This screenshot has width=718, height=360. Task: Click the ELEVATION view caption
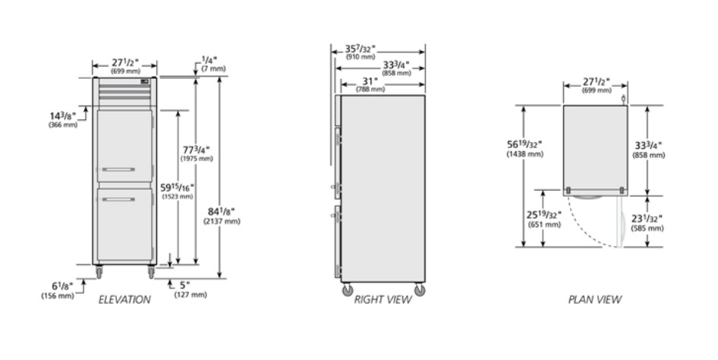(124, 299)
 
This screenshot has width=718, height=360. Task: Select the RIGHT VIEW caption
(383, 299)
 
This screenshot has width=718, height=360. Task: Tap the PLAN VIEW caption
(595, 299)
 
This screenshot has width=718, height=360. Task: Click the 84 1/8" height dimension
(221, 212)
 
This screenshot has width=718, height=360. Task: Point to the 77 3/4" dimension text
(197, 150)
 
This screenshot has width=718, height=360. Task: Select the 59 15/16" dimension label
(177, 188)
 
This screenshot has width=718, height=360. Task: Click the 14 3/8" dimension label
(63, 116)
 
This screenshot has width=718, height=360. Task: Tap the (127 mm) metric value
(191, 295)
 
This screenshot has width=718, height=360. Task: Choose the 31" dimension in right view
(370, 81)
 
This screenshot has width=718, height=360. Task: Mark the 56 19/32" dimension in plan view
(524, 145)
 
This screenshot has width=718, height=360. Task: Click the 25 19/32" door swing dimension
(544, 215)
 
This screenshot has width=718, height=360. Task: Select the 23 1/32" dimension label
(647, 219)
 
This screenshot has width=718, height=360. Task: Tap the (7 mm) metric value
(213, 68)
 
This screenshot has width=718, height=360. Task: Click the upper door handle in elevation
(118, 169)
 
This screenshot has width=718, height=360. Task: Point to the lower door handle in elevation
(118, 199)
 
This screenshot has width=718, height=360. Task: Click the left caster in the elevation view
(99, 273)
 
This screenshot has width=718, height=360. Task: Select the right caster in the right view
(420, 290)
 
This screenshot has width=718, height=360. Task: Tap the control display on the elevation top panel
(145, 82)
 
